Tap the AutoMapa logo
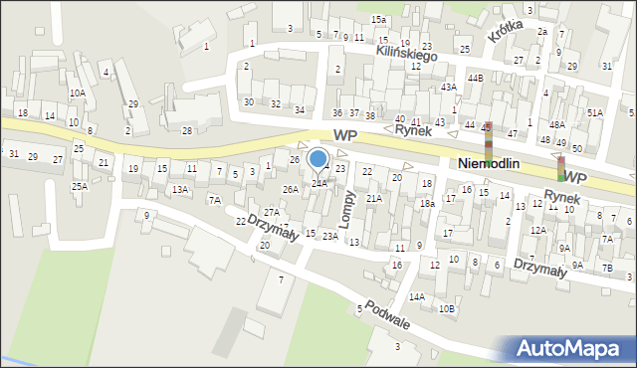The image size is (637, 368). click(573, 348)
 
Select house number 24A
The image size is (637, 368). click(318, 183)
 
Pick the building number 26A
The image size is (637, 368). click(290, 189)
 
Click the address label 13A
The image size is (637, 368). click(179, 189)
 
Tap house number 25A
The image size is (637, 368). click(80, 186)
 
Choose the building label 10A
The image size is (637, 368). click(77, 92)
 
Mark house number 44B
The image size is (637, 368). click(476, 78)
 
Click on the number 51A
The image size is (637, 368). click(595, 113)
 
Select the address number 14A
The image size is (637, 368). click(416, 296)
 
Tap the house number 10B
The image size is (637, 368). click(447, 308)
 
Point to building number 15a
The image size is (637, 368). click(379, 20)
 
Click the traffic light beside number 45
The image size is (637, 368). click(488, 140)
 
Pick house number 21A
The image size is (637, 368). click(373, 199)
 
